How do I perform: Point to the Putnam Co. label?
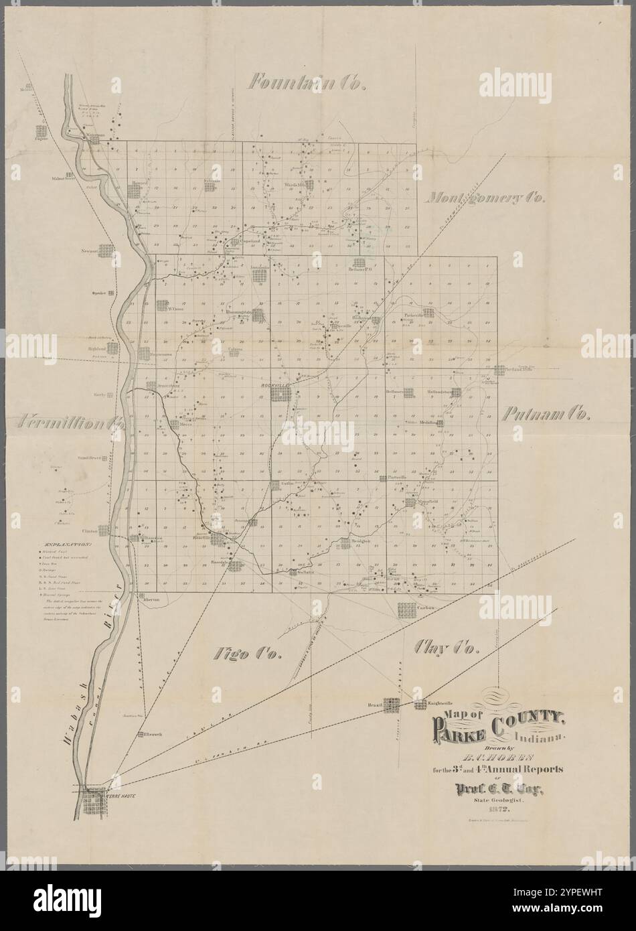click(546, 414)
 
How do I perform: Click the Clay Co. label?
click(445, 647)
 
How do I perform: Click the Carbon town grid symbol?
click(406, 610)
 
